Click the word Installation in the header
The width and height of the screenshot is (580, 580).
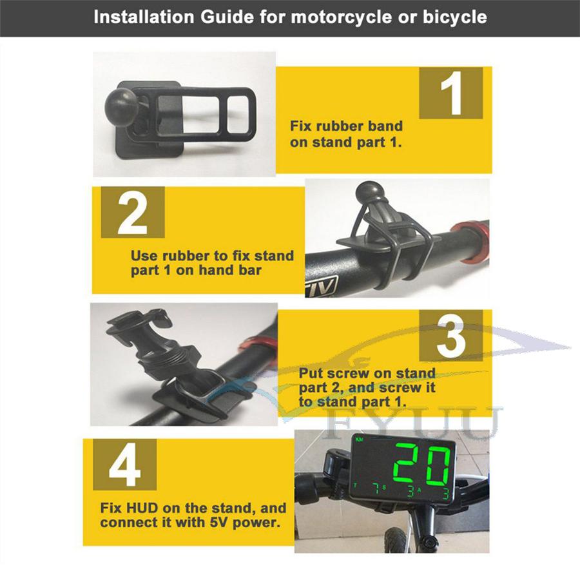tap(144, 17)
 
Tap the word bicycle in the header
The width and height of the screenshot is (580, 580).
tap(454, 17)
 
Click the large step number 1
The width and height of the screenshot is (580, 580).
tap(452, 93)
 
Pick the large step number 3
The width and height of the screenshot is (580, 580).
tap(451, 336)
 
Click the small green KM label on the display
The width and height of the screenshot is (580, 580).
tap(359, 440)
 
